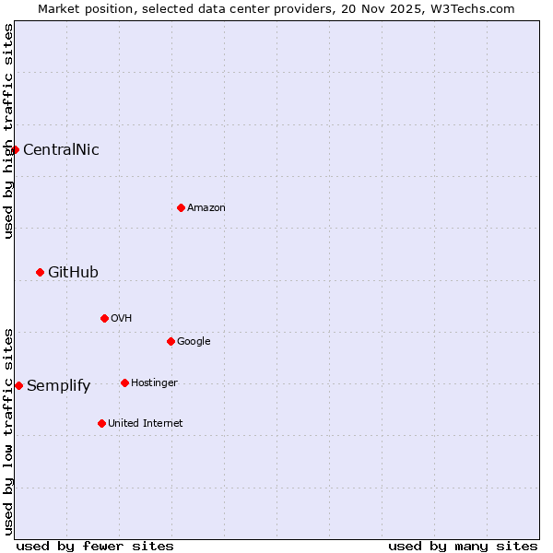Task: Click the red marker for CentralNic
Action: pyautogui.click(x=15, y=149)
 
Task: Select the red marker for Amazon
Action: pyautogui.click(x=181, y=207)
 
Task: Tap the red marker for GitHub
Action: pyautogui.click(x=40, y=272)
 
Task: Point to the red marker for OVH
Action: pyautogui.click(x=104, y=318)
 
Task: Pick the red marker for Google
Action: pyautogui.click(x=171, y=341)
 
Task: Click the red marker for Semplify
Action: pyautogui.click(x=18, y=385)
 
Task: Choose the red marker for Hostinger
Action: pyautogui.click(x=124, y=382)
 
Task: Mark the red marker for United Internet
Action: pyautogui.click(x=101, y=423)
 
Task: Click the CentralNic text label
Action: pyautogui.click(x=61, y=149)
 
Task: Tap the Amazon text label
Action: pyautogui.click(x=206, y=207)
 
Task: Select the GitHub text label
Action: pyautogui.click(x=73, y=272)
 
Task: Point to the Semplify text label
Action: pyautogui.click(x=59, y=385)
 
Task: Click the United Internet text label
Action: pyautogui.click(x=146, y=423)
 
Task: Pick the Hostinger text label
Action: pyautogui.click(x=154, y=382)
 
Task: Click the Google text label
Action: pyautogui.click(x=194, y=341)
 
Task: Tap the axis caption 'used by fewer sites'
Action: pyautogui.click(x=95, y=546)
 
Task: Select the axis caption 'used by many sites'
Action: pyautogui.click(x=463, y=546)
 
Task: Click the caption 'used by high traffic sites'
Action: pyautogui.click(x=8, y=132)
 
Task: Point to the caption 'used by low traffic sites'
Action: pyautogui.click(x=8, y=431)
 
